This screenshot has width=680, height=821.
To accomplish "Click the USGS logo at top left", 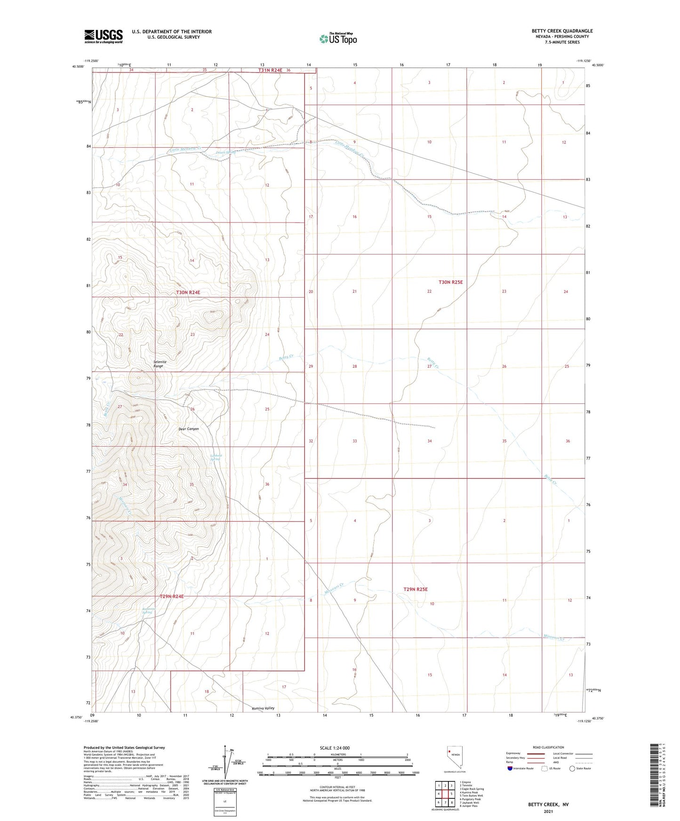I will (104, 36).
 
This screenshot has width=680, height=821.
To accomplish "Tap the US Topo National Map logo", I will (337, 39).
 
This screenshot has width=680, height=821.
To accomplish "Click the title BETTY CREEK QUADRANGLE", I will (562, 31).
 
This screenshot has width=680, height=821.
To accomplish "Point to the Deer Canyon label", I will (189, 429).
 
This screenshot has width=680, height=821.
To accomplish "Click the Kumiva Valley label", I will (263, 708).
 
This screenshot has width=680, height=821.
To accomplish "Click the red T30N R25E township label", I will (450, 282).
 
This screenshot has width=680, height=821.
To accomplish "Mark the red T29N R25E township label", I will (415, 589).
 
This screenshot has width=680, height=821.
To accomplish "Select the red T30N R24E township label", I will (188, 292).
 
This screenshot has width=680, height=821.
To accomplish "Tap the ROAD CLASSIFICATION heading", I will (548, 747).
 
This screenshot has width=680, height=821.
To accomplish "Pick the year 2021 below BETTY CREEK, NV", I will (548, 812).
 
